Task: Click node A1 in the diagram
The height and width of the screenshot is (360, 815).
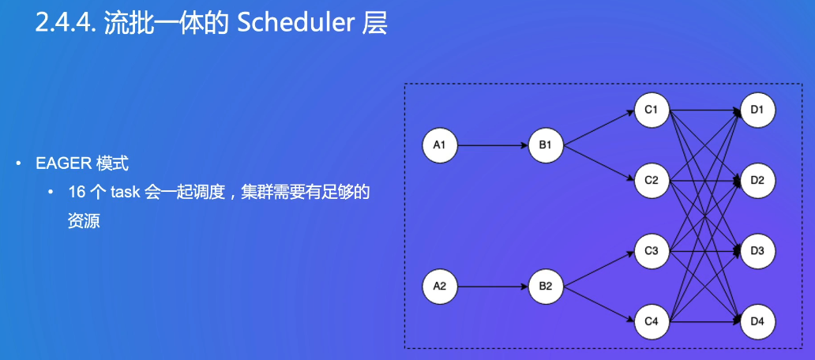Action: [440, 145]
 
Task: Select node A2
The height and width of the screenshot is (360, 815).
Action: [440, 286]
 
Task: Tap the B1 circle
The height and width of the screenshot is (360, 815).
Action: [545, 145]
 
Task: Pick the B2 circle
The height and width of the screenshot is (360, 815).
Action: [545, 286]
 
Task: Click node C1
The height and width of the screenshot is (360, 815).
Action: [652, 110]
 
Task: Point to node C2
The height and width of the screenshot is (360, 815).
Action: [652, 181]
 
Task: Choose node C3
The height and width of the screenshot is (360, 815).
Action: [652, 251]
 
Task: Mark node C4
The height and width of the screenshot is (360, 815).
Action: [652, 321]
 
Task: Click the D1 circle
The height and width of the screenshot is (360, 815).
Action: [757, 110]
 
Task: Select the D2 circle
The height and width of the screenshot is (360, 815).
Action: [757, 181]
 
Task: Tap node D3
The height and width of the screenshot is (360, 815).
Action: [757, 251]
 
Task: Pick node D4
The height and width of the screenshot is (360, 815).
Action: [757, 321]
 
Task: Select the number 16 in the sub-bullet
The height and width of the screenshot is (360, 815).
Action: [77, 193]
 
